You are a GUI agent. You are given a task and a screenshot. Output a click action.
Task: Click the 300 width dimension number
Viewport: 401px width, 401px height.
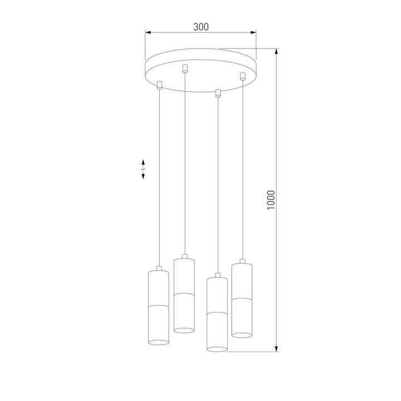coord(201,27)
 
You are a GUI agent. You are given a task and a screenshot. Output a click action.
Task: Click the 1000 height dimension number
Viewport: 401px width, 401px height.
coord(271,200)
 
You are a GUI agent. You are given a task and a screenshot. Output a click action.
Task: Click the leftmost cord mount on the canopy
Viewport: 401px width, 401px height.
coord(160,85)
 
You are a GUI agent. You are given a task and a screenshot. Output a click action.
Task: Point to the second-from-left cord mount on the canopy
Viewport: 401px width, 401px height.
coord(185,69)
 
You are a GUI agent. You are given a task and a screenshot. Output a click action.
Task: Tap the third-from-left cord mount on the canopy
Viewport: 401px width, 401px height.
coord(218,92)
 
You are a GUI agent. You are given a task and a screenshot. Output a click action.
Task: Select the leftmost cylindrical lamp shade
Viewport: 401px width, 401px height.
coord(159,306)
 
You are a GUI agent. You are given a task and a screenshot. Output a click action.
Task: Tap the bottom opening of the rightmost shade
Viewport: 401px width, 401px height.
coord(242,334)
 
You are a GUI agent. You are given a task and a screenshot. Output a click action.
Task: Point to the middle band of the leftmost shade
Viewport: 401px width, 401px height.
coord(159,305)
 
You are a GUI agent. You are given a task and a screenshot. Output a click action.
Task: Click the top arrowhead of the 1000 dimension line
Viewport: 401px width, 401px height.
coord(277,51)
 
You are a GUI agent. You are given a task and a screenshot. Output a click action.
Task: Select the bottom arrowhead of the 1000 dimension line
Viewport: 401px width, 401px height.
coord(277,349)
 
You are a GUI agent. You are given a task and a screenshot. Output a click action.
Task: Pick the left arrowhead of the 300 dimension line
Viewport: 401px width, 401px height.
coord(148,33)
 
